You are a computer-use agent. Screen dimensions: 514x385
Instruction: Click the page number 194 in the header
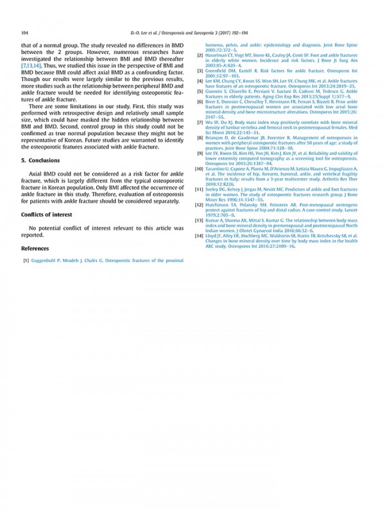(25, 32)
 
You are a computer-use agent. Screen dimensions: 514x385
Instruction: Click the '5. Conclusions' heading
(42, 161)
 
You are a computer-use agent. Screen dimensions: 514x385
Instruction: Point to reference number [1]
(26, 261)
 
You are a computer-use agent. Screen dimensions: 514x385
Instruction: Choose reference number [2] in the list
(200, 55)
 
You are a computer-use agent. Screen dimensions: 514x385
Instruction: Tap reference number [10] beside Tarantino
(199, 168)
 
